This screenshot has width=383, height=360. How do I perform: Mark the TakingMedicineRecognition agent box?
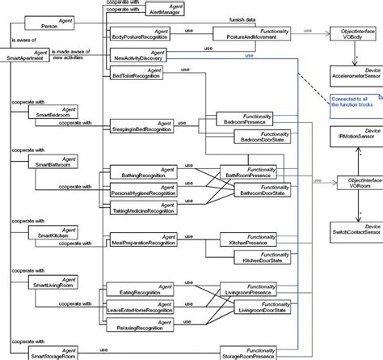(142, 206)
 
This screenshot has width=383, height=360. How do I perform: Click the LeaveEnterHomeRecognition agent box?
(142, 308)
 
